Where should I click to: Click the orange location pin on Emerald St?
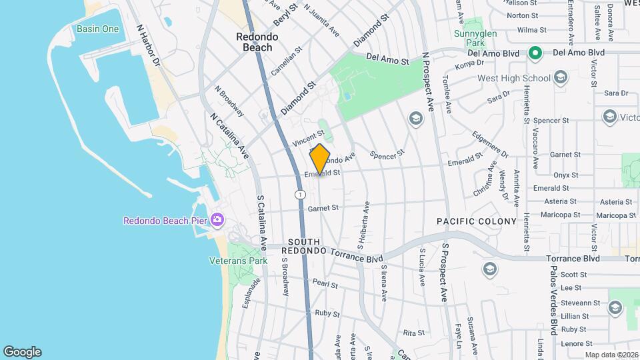click(320, 159)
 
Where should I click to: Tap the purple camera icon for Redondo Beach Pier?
click(217, 220)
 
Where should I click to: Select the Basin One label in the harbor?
click(97, 29)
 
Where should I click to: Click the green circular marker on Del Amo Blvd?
click(535, 52)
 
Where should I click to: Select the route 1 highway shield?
click(301, 194)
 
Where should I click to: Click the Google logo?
click(22, 352)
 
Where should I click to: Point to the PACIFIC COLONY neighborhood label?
click(477, 221)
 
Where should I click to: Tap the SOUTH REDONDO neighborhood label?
click(305, 246)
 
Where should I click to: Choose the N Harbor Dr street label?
click(148, 46)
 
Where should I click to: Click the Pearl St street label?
click(325, 284)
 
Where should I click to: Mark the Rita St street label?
click(414, 332)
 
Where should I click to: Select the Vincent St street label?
click(307, 139)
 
